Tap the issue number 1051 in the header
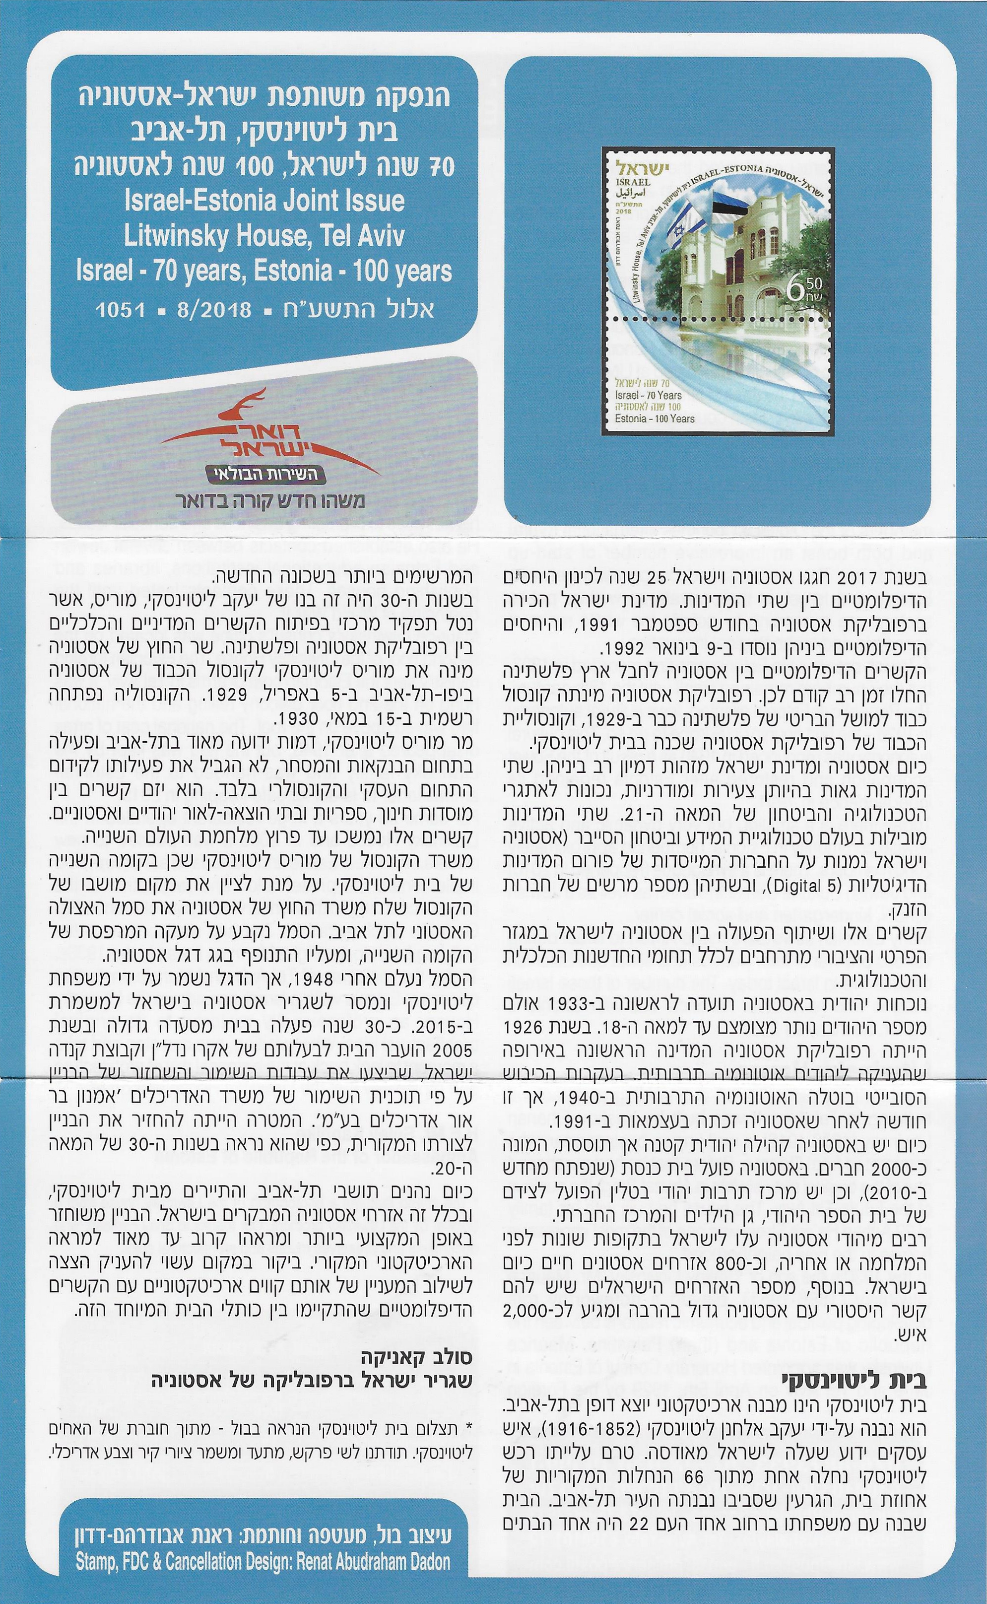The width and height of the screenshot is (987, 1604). click(x=120, y=310)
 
